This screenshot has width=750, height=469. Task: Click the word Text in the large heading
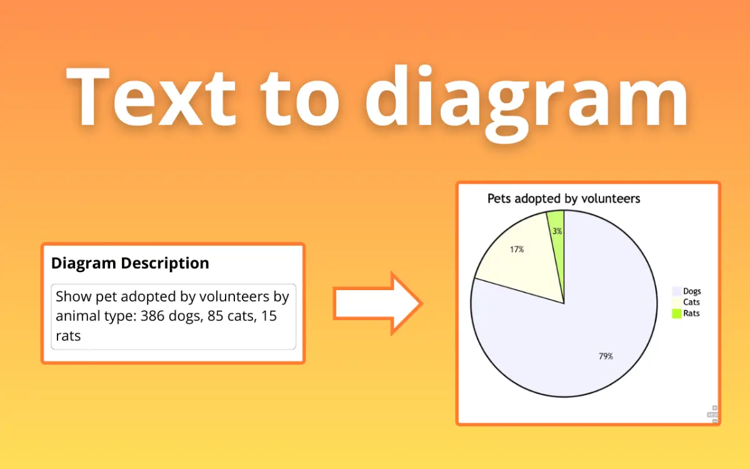(x=151, y=96)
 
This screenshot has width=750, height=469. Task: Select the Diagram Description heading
(x=130, y=263)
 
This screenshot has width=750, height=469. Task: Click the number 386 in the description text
(x=152, y=316)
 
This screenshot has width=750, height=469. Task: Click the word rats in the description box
(x=68, y=336)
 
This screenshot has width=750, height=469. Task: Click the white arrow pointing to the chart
(x=377, y=303)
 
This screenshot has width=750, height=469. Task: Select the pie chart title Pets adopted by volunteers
(x=564, y=199)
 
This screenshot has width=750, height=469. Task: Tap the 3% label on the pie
(x=557, y=231)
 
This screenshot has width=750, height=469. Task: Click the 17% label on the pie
(x=517, y=250)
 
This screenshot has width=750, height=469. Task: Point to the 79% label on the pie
(x=606, y=356)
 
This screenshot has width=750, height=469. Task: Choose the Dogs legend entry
(x=686, y=291)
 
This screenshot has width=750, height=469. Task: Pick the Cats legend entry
(x=686, y=302)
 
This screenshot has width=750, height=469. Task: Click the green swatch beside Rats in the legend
(x=677, y=313)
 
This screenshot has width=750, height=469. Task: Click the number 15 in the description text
(x=269, y=316)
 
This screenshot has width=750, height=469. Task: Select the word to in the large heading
(x=299, y=100)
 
